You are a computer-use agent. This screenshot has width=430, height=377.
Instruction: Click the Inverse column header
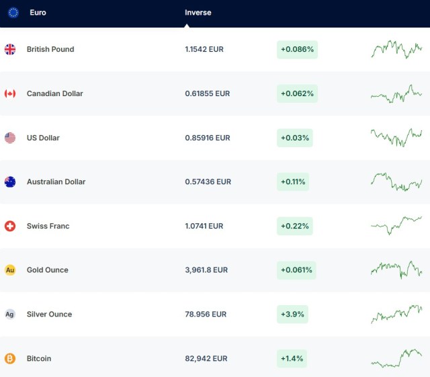[198, 13]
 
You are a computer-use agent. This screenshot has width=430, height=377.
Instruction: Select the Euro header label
[38, 13]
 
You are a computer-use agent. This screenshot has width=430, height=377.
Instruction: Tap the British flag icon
[10, 49]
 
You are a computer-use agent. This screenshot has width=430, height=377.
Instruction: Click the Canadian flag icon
[10, 93]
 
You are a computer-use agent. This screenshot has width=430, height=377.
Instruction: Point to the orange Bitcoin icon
[10, 359]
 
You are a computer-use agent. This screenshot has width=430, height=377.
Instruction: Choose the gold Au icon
[10, 270]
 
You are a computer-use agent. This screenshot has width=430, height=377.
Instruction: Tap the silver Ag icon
[10, 315]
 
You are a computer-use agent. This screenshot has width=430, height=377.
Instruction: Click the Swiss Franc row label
[48, 226]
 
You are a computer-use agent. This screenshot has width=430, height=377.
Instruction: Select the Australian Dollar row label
[56, 182]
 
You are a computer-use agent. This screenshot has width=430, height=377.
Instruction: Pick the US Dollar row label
[43, 138]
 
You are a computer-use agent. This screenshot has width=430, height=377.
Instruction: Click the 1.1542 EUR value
[204, 50]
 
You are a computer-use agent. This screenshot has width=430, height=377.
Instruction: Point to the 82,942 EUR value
[206, 359]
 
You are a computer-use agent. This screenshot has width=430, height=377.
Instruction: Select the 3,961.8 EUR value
[206, 270]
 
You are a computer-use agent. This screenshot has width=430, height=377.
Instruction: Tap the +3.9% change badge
[293, 315]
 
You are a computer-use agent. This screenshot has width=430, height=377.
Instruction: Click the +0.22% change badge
[295, 226]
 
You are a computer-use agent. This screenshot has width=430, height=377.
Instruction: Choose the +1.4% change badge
[292, 359]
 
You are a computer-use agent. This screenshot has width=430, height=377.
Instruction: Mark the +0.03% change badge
[295, 138]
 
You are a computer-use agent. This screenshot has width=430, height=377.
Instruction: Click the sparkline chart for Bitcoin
[396, 358]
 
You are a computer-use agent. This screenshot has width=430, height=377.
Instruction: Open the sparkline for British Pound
[396, 49]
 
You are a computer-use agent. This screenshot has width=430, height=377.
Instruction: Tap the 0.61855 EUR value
[207, 94]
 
